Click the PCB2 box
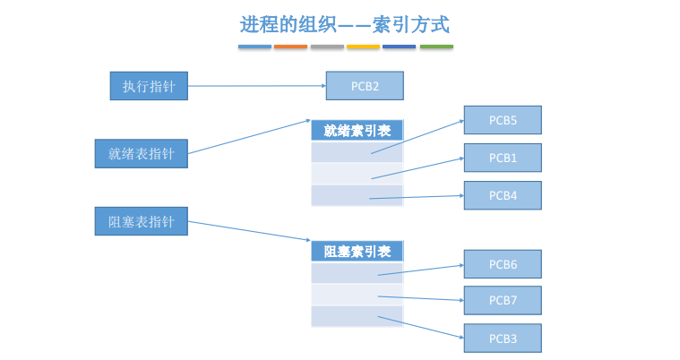[365, 86]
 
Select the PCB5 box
[503, 120]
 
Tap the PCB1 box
[503, 158]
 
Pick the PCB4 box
[503, 195]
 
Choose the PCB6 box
[503, 264]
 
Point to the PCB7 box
[503, 300]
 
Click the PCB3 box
[503, 339]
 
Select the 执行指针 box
[149, 86]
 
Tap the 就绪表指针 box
[142, 153]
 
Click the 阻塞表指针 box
[142, 221]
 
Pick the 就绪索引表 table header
[357, 131]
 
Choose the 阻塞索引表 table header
[357, 251]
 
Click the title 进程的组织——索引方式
[345, 24]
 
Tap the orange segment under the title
[290, 47]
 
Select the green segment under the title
[436, 47]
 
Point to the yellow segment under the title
[364, 47]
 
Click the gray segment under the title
[327, 47]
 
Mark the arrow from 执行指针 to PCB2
[257, 86]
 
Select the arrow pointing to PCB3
[421, 327]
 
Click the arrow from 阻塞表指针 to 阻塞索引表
[249, 231]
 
